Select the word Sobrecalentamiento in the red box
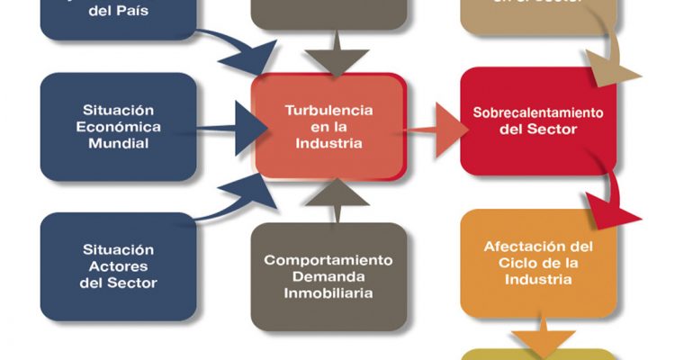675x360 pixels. click(537, 113)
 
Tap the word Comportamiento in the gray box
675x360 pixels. click(328, 260)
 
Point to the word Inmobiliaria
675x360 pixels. click(328, 292)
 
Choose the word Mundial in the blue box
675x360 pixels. click(118, 141)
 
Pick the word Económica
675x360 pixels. click(118, 125)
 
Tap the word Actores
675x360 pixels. click(118, 266)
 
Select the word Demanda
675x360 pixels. click(328, 276)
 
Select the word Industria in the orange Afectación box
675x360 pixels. click(538, 279)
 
